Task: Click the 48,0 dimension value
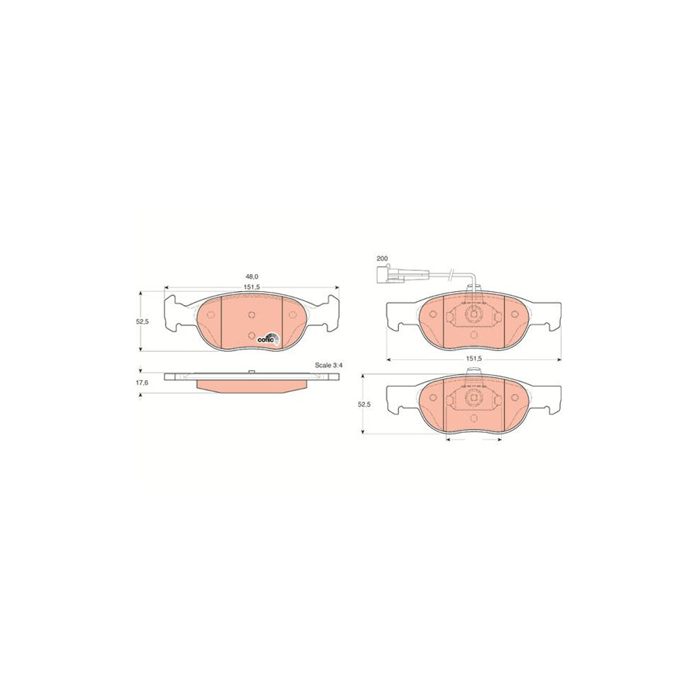click(251, 276)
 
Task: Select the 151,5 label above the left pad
click(251, 287)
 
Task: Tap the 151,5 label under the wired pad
click(474, 359)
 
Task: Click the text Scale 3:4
click(328, 365)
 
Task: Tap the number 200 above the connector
click(381, 258)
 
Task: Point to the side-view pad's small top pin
click(253, 373)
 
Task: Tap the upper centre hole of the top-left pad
click(252, 314)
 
